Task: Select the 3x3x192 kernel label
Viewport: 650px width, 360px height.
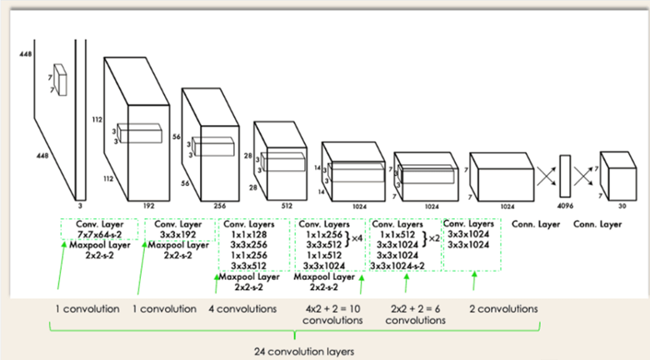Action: coord(177,235)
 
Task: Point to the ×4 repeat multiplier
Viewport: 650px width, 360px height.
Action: coord(357,239)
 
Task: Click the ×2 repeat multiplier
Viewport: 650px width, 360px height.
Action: coord(433,239)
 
